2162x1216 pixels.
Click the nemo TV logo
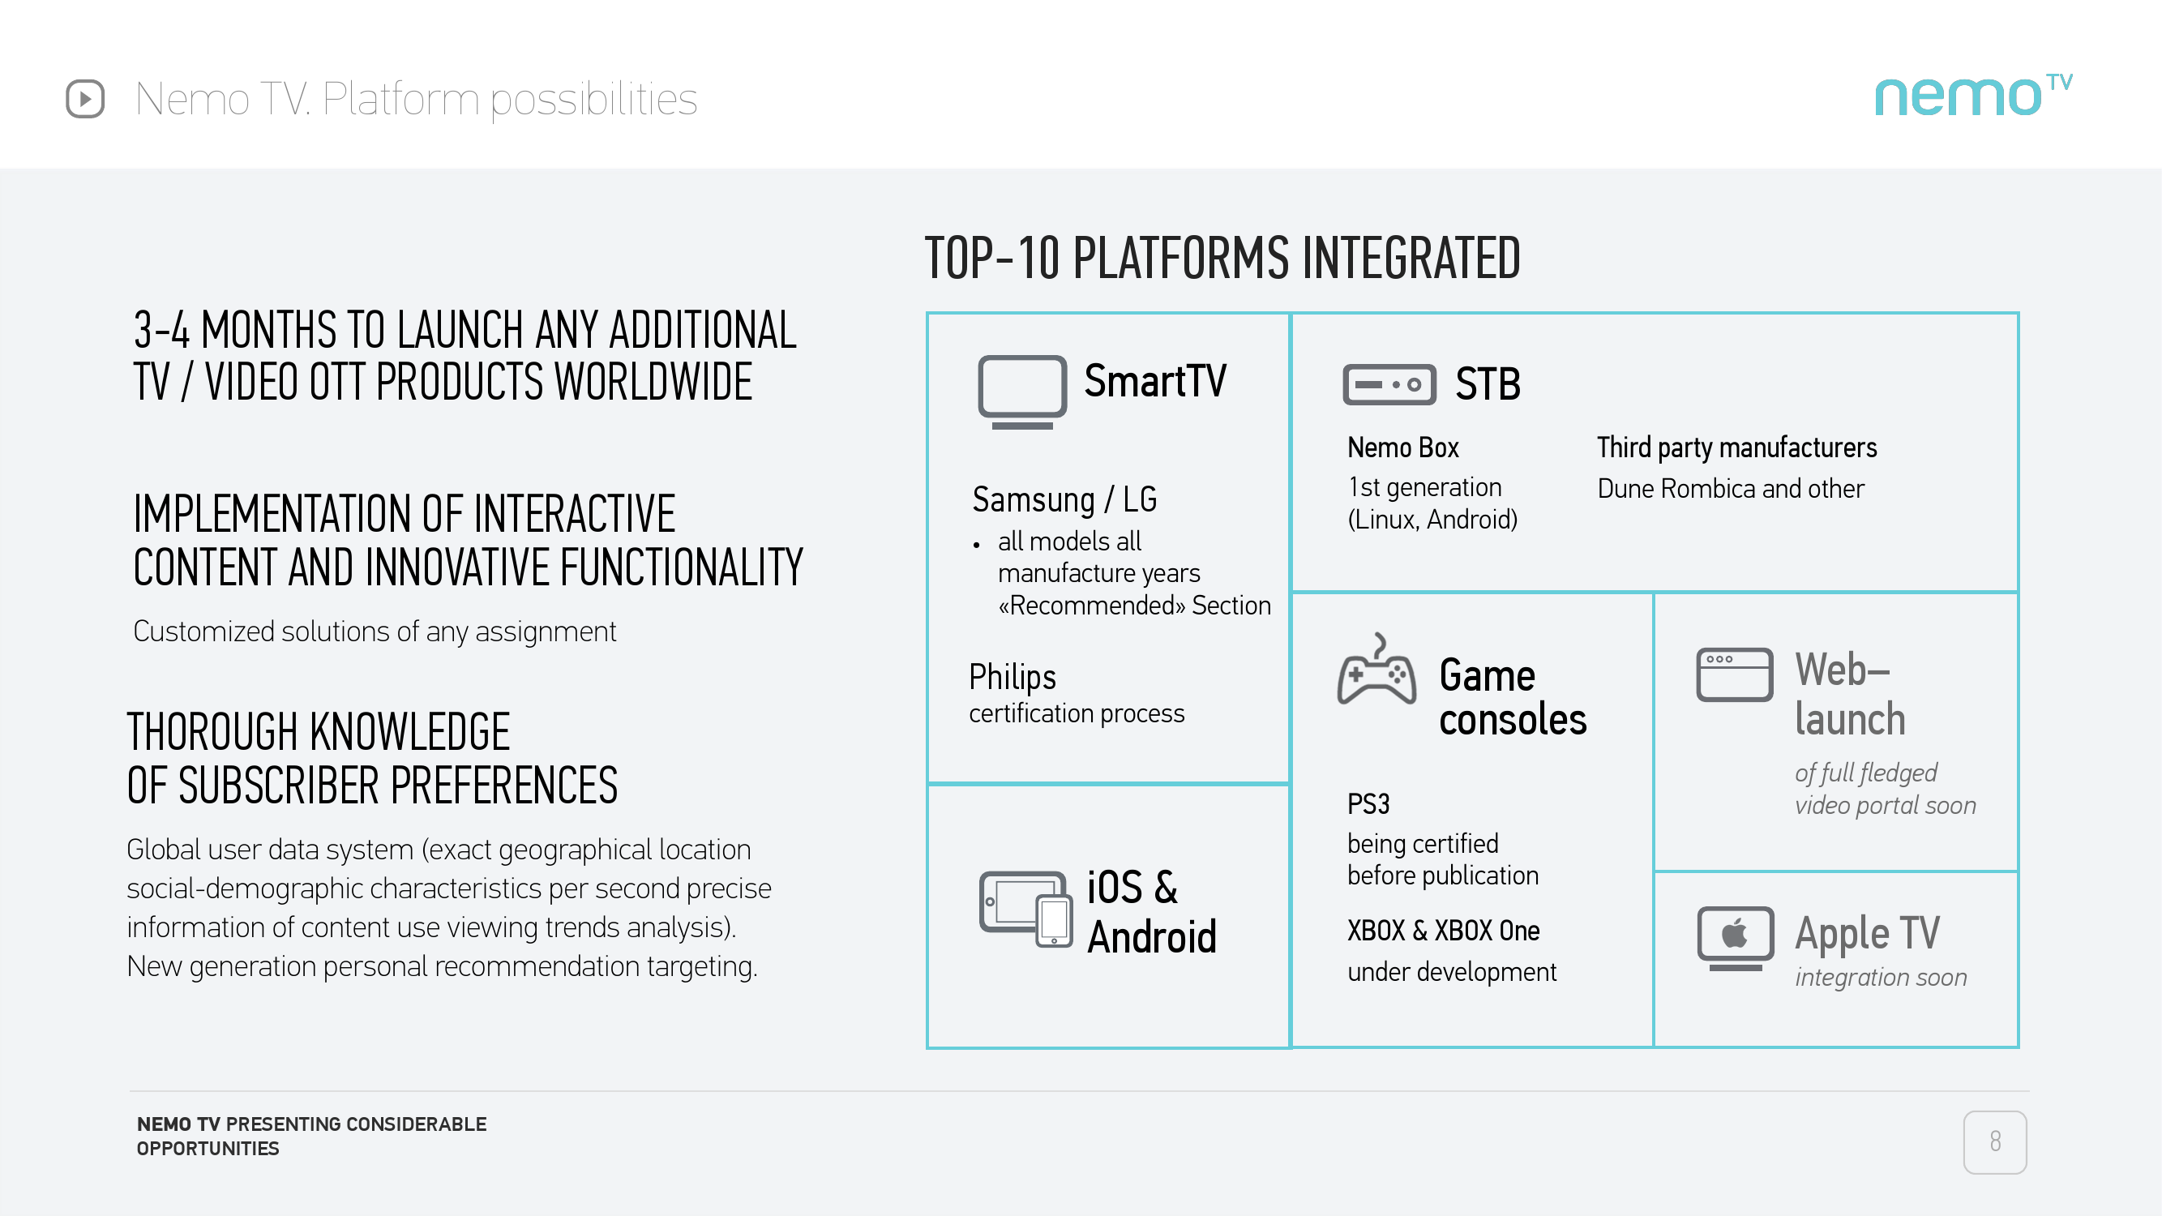click(x=1973, y=95)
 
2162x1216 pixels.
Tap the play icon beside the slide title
click(x=85, y=99)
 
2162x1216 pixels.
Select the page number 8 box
click(x=1994, y=1141)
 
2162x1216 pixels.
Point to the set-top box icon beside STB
click(x=1389, y=384)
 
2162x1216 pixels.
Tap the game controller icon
click(x=1376, y=669)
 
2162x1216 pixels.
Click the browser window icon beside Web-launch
click(x=1734, y=674)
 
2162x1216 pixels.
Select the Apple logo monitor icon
click(x=1735, y=938)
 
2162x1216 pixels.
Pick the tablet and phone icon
click(x=1025, y=909)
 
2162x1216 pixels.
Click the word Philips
click(x=1013, y=676)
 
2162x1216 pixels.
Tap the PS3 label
click(x=1368, y=804)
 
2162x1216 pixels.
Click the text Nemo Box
click(x=1403, y=447)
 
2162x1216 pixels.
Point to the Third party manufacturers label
click(x=1736, y=447)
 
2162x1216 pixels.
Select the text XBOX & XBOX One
click(x=1444, y=931)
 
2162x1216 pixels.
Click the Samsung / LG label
click(x=1064, y=499)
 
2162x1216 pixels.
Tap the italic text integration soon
click(x=1881, y=978)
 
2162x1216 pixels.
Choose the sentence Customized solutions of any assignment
click(x=375, y=631)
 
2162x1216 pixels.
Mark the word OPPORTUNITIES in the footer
click(x=208, y=1148)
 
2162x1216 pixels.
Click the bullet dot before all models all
click(x=976, y=546)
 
